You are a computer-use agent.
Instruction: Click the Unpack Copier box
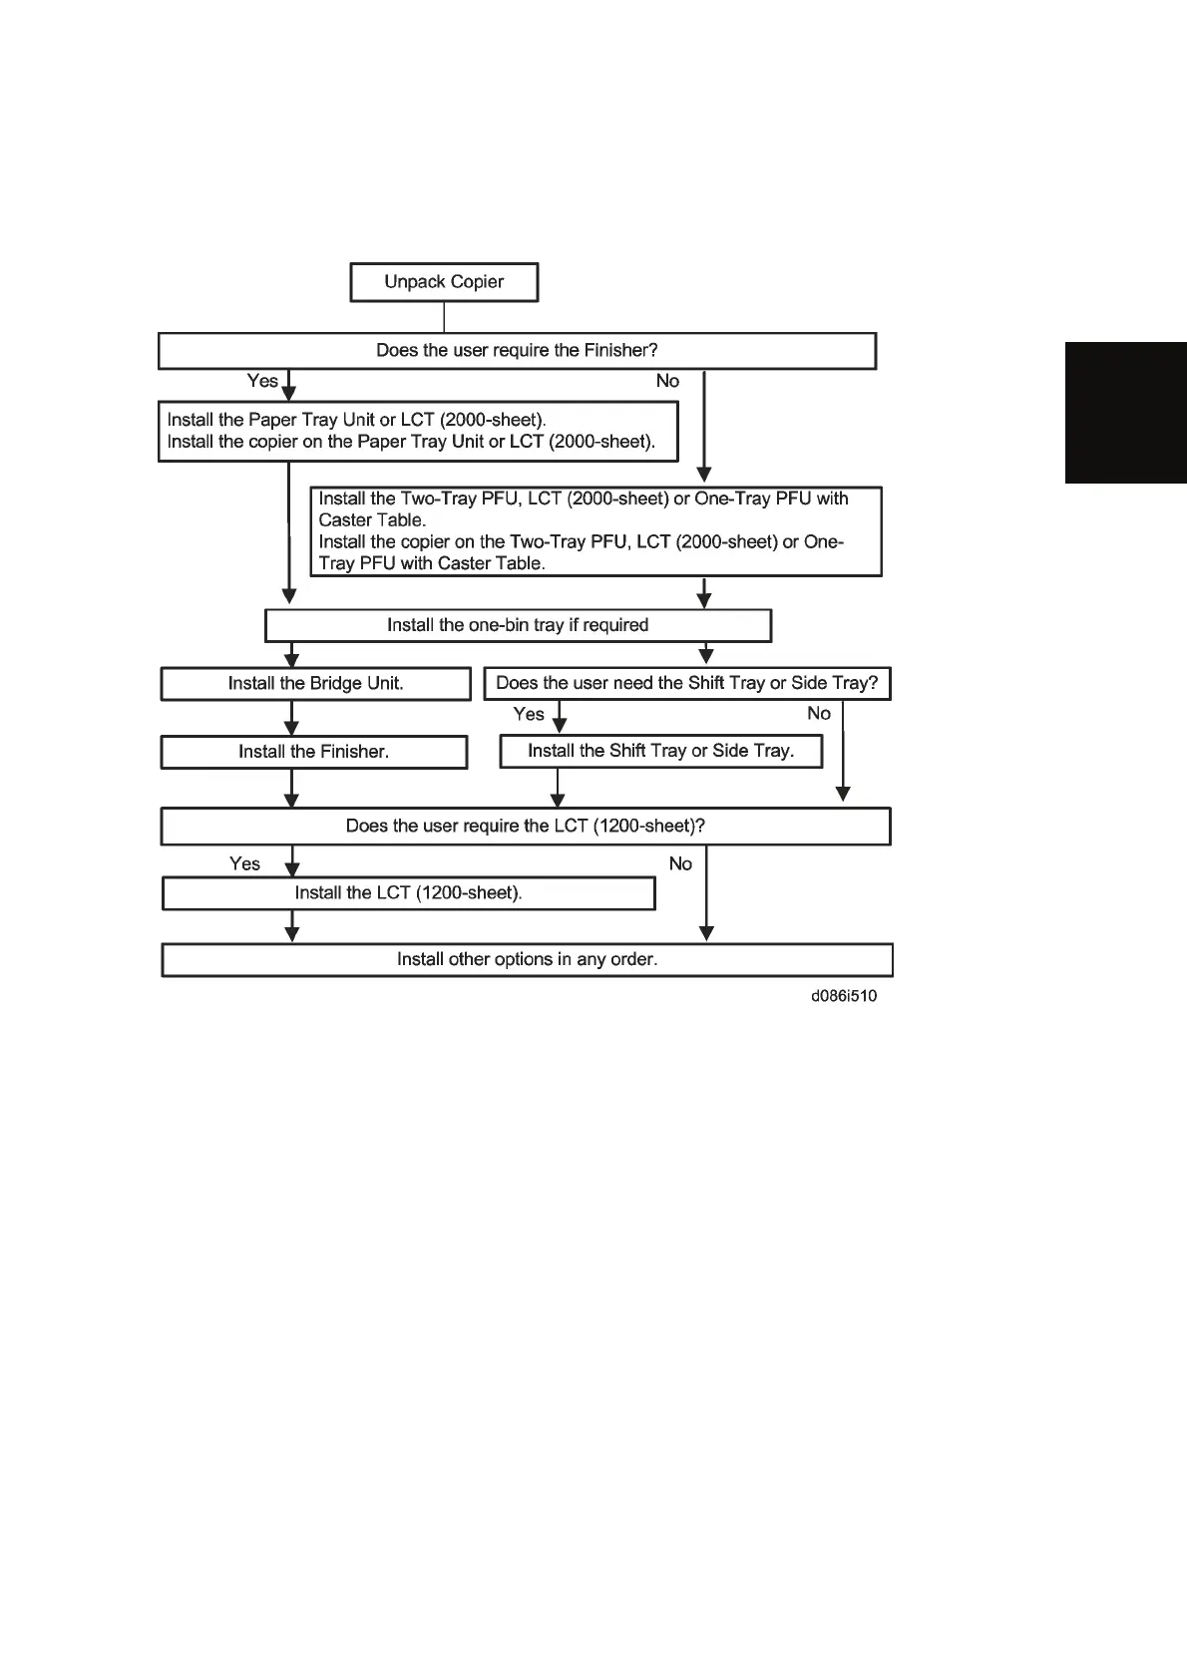[x=444, y=282]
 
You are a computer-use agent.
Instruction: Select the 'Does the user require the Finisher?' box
[x=517, y=351]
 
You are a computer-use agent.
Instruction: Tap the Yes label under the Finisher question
[x=262, y=381]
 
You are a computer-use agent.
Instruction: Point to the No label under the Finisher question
[x=667, y=381]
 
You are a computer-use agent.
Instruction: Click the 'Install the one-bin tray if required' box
[x=518, y=625]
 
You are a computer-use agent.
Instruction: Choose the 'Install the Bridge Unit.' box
[x=315, y=684]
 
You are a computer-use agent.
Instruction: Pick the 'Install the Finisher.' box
[x=313, y=752]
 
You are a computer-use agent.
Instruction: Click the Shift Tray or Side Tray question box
[x=686, y=684]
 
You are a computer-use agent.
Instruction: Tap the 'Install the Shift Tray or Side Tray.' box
[x=660, y=751]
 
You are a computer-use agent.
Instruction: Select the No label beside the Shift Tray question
[x=818, y=713]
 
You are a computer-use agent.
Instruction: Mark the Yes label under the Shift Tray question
[x=529, y=714]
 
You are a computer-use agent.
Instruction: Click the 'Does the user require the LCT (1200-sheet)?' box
[x=525, y=827]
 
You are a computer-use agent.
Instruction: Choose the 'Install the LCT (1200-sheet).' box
[x=408, y=893]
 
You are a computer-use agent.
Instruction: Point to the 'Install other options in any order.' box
[x=527, y=960]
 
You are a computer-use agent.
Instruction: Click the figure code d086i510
[x=844, y=996]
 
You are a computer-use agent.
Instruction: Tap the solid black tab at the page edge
[x=1125, y=413]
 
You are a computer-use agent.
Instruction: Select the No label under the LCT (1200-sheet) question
[x=680, y=863]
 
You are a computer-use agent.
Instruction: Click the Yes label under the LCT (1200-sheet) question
[x=244, y=863]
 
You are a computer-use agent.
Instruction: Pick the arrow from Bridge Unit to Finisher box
[x=291, y=718]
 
